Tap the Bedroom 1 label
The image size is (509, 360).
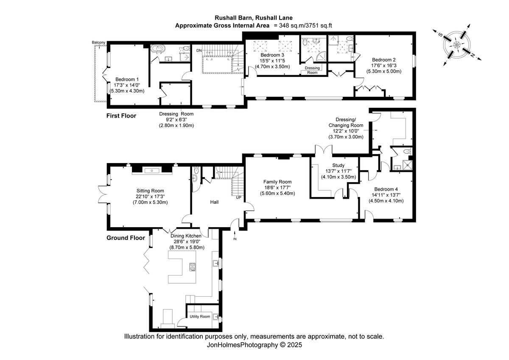point(127,79)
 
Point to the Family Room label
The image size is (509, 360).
point(277,182)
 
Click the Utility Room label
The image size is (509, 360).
point(200,316)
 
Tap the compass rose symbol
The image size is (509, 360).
point(457,45)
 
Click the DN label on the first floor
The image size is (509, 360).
point(199,51)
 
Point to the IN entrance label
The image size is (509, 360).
point(235,239)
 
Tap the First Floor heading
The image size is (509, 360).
point(121,115)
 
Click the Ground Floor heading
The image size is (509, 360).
point(126,238)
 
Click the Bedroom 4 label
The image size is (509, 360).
point(386,189)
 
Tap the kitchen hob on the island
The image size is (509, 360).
point(192,267)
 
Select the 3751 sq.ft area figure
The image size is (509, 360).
point(318,25)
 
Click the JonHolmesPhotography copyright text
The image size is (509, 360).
point(254,345)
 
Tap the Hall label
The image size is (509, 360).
point(214,202)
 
